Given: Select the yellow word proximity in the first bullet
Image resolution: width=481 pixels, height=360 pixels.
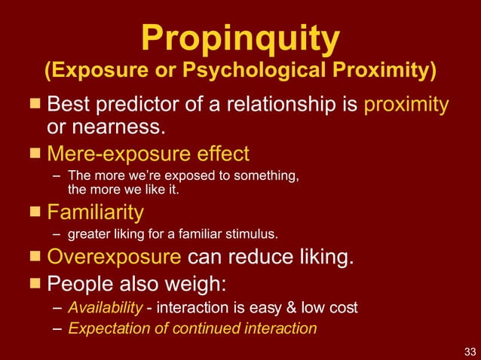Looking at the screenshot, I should (406, 103).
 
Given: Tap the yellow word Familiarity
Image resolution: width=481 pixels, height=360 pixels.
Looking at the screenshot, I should (95, 210).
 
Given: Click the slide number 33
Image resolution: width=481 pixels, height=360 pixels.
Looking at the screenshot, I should (470, 351).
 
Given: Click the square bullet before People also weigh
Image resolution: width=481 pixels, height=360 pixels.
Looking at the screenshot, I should (35, 284).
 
